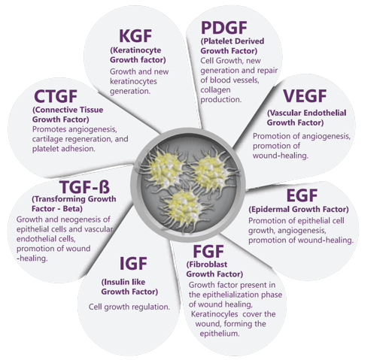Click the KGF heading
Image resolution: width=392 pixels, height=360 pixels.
(135, 36)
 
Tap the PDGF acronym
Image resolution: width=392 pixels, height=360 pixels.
(224, 28)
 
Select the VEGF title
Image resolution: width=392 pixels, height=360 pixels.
(305, 96)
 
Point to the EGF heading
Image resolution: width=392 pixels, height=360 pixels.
(302, 195)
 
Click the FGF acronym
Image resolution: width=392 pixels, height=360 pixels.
(208, 251)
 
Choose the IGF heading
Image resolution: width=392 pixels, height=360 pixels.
(133, 263)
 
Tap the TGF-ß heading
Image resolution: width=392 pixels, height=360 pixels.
(84, 187)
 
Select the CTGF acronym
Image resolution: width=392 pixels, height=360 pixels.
(56, 96)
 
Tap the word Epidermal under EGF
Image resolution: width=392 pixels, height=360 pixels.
(270, 209)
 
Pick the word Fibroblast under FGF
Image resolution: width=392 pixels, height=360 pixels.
(208, 265)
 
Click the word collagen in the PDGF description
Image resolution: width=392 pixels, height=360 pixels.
(212, 90)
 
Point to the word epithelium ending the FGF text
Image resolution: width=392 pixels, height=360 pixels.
(220, 334)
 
